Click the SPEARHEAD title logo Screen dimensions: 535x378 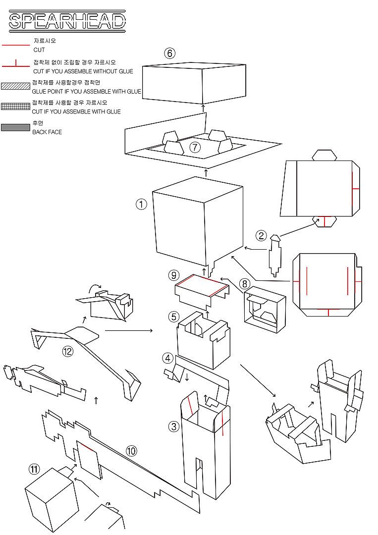point(67,21)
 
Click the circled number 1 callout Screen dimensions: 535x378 point(142,204)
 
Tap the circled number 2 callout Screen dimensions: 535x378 point(262,236)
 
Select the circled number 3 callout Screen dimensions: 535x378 point(173,426)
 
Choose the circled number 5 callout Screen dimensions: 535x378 point(173,316)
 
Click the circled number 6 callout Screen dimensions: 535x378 point(170,53)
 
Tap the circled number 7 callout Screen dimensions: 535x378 point(195,147)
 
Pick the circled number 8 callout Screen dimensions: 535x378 point(244,284)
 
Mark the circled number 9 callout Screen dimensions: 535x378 point(173,275)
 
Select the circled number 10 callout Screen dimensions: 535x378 point(131,451)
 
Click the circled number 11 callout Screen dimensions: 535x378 point(34,469)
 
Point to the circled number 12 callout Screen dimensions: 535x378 point(68,352)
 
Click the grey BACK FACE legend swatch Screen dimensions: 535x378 point(15,128)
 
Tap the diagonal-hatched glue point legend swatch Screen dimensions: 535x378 point(15,86)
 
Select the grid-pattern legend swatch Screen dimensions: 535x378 point(15,107)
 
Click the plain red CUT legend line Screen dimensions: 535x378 point(16,45)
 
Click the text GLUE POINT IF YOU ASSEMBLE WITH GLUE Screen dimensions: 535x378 point(86,92)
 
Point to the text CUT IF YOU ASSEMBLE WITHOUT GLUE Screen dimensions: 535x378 point(83,71)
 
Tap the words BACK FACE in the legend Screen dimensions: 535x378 point(47,132)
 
